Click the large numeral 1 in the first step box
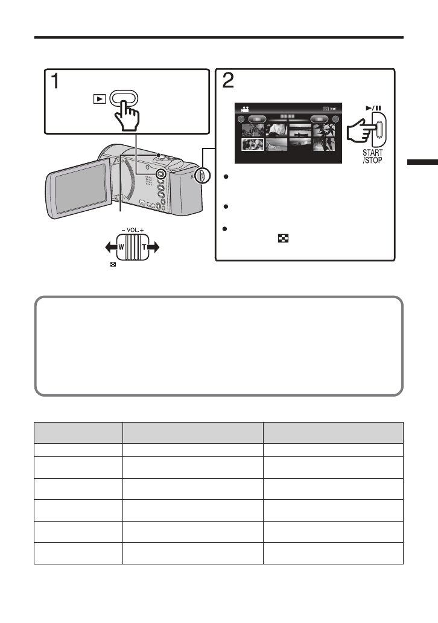pos(54,82)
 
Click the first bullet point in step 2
pos(225,177)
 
